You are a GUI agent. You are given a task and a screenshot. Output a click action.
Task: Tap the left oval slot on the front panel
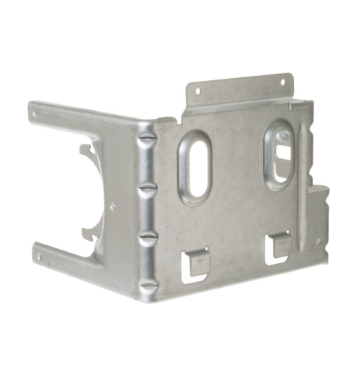point(194,166)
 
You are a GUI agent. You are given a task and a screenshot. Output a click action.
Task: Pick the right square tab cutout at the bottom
point(279,245)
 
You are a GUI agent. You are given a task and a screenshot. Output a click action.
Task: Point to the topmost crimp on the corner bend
point(147,139)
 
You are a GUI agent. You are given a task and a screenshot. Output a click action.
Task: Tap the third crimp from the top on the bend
point(148,236)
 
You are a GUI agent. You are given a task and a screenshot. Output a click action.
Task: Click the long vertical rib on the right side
point(304,187)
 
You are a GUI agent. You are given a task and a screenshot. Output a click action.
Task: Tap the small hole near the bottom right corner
point(318,241)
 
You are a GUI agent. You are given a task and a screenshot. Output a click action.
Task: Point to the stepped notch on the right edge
point(320,196)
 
